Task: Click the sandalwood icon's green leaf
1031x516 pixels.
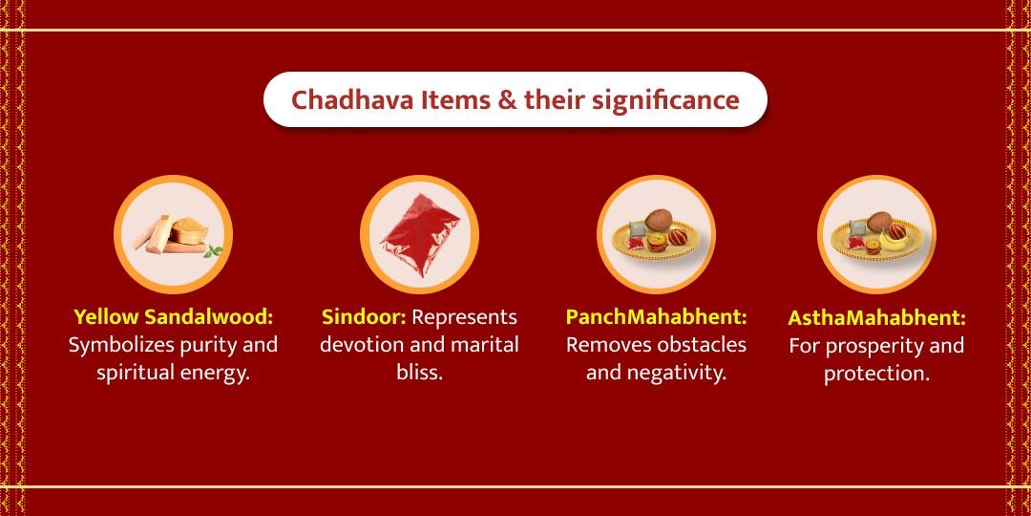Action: click(x=216, y=252)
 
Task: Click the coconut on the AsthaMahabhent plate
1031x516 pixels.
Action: click(x=878, y=222)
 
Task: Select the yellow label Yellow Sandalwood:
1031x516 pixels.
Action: click(x=173, y=316)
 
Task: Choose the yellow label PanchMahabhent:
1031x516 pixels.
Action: click(x=656, y=316)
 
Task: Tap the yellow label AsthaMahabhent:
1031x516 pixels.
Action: click(x=876, y=317)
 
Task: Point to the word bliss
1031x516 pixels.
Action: click(x=419, y=372)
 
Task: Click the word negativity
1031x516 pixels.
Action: click(x=677, y=372)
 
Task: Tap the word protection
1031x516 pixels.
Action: click(x=876, y=374)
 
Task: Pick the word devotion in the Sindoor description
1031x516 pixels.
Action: click(x=366, y=344)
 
